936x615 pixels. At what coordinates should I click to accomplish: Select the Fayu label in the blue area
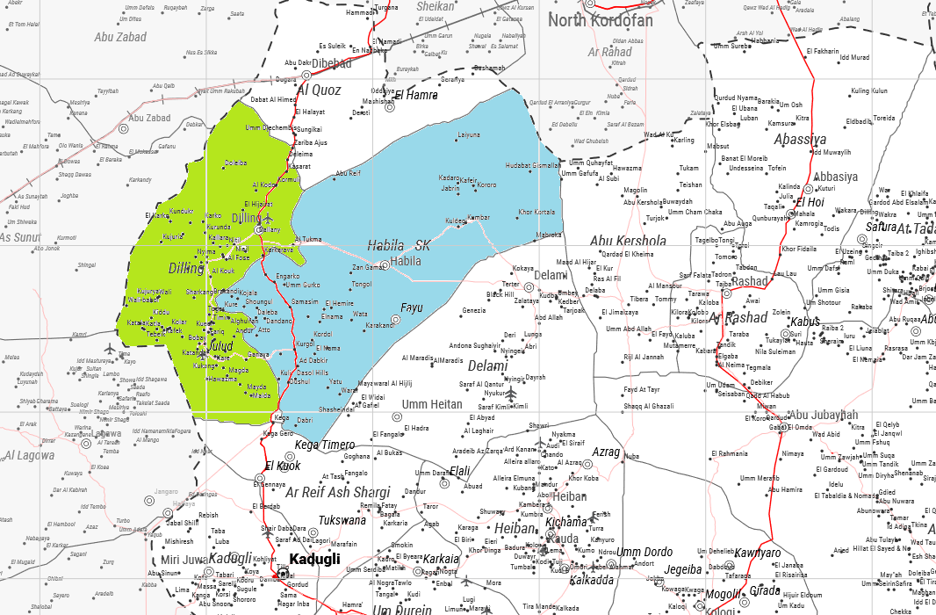[412, 307]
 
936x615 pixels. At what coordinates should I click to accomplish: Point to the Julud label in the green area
[220, 346]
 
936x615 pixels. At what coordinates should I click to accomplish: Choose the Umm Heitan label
[431, 404]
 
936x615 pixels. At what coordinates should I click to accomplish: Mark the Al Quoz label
[320, 90]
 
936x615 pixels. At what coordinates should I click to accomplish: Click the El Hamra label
[416, 95]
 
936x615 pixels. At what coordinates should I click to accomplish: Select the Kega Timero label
[325, 445]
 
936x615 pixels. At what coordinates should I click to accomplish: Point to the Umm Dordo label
[644, 553]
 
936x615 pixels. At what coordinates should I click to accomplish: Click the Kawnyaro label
[757, 553]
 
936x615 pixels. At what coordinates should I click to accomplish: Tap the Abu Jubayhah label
[823, 415]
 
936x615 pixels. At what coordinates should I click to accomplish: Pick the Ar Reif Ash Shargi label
[338, 492]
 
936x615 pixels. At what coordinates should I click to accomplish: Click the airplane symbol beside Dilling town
[268, 218]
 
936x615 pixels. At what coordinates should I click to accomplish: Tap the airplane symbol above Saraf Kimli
[511, 392]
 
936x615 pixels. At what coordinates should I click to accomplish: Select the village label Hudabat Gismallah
[533, 165]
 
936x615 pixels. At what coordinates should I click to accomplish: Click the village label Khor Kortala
[536, 212]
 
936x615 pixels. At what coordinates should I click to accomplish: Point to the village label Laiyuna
[469, 135]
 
